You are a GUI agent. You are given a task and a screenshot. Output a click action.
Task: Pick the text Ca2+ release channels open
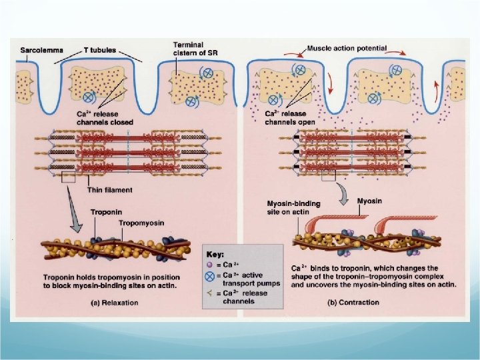point(285,118)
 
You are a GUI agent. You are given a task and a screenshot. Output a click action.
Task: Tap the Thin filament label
point(109,190)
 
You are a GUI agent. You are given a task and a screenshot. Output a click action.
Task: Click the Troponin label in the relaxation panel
point(106,212)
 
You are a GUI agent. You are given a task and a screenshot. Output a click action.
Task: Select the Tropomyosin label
point(142,222)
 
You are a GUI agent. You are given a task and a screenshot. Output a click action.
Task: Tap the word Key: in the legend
point(217,254)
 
